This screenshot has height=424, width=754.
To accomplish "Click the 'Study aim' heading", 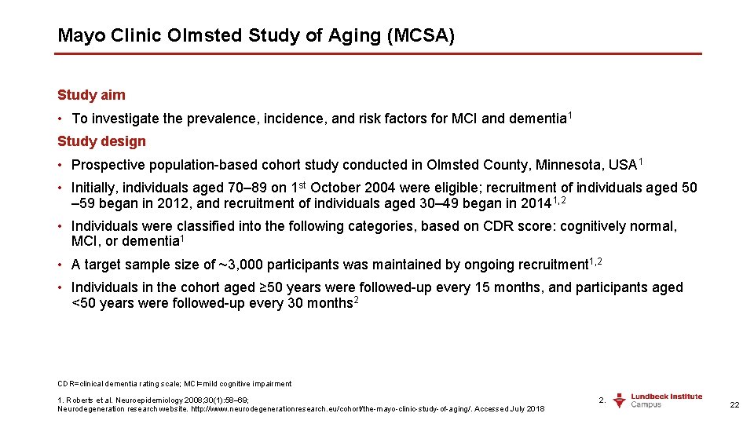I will coord(91,95).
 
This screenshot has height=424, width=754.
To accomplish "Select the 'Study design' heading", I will coord(101,141).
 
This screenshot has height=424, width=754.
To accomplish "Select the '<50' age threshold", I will coord(84,303).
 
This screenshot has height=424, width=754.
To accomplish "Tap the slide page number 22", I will coord(734,404).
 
